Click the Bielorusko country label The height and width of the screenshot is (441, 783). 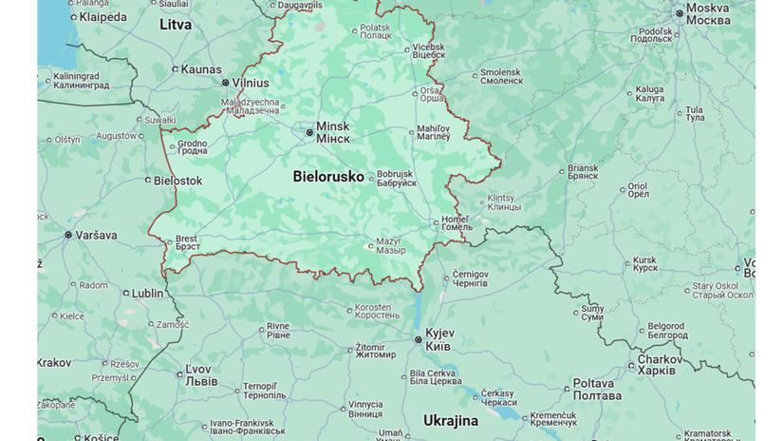click(x=327, y=177)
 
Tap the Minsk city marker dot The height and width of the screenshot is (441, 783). click(x=309, y=132)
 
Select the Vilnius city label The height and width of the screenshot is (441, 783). click(x=251, y=83)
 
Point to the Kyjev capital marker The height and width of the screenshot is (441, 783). click(x=418, y=339)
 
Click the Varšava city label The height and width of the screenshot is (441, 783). click(x=97, y=235)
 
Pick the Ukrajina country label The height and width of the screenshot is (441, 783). click(x=451, y=420)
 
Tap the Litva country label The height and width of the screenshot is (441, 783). click(x=176, y=25)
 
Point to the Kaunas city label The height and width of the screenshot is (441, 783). click(x=200, y=69)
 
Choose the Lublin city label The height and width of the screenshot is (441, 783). click(x=147, y=294)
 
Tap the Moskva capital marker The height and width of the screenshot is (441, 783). click(x=680, y=13)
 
